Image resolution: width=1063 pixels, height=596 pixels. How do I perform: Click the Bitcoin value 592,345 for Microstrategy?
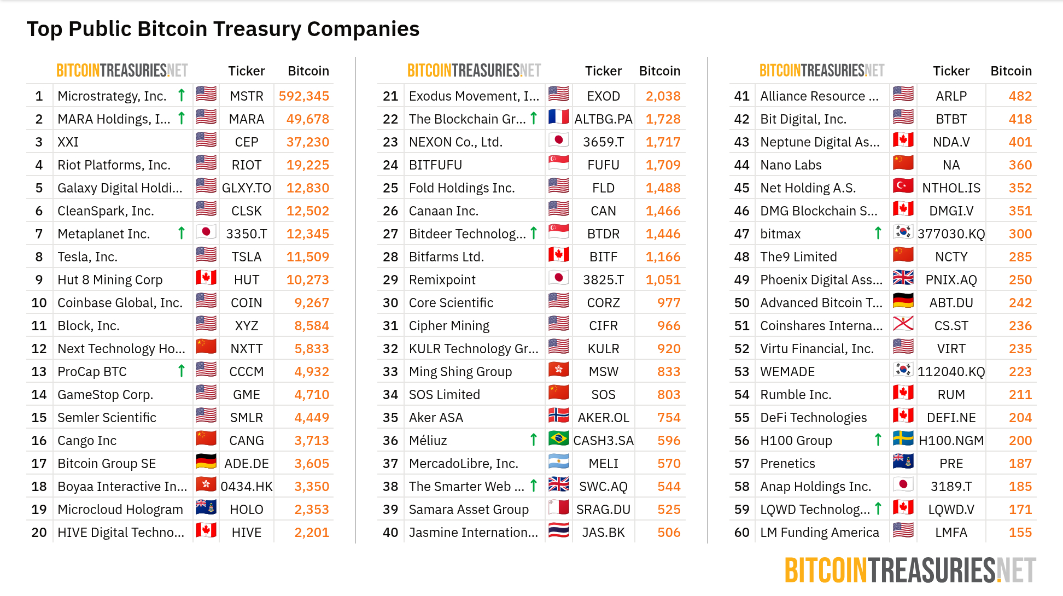pyautogui.click(x=303, y=96)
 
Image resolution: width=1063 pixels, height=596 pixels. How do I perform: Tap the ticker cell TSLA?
pyautogui.click(x=246, y=257)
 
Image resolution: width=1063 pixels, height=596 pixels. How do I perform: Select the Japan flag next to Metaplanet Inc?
pyautogui.click(x=206, y=233)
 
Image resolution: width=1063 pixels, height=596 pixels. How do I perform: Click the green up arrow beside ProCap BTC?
pyautogui.click(x=182, y=371)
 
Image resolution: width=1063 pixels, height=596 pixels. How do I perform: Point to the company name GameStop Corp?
pyautogui.click(x=105, y=395)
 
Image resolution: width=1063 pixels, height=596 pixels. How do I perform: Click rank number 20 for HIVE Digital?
pyautogui.click(x=39, y=533)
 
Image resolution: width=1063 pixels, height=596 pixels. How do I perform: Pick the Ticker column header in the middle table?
pyautogui.click(x=603, y=71)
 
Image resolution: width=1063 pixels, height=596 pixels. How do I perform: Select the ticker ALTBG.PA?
pyautogui.click(x=603, y=119)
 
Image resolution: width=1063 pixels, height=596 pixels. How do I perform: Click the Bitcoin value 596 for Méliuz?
pyautogui.click(x=669, y=441)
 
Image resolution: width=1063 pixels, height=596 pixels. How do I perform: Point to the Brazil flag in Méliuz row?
pyautogui.click(x=558, y=439)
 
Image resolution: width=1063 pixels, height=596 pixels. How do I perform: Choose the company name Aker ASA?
pyautogui.click(x=436, y=418)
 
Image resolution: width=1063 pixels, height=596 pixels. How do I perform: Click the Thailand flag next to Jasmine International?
pyautogui.click(x=558, y=531)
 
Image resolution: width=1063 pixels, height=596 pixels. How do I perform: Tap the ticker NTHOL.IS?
pyautogui.click(x=951, y=188)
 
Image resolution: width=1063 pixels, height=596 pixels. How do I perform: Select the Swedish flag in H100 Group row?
pyautogui.click(x=903, y=439)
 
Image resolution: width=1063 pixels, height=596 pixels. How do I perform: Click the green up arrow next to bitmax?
pyautogui.click(x=878, y=233)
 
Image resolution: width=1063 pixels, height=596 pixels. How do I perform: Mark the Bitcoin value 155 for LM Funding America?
pyautogui.click(x=1020, y=533)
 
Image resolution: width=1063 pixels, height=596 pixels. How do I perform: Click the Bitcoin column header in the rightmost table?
pyautogui.click(x=1011, y=71)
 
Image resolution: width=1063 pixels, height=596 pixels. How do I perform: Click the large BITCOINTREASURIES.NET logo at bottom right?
pyautogui.click(x=910, y=571)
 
